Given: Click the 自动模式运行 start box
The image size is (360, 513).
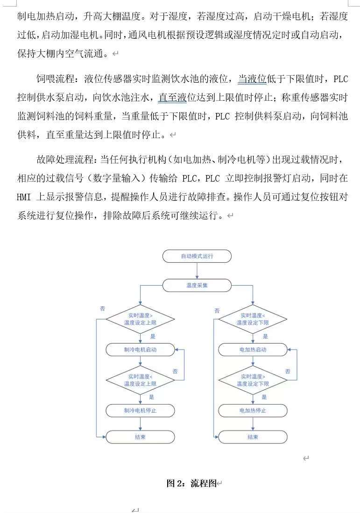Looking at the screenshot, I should [x=196, y=256].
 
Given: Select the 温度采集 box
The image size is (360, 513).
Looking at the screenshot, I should [x=196, y=285].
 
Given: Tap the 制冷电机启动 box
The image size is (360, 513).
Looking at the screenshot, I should [x=140, y=350].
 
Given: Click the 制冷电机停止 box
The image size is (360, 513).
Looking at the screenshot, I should [x=140, y=410].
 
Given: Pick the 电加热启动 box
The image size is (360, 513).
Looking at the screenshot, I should [x=253, y=350].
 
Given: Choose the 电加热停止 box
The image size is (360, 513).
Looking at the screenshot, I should [x=253, y=410].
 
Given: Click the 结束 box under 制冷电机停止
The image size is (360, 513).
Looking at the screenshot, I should [x=140, y=437].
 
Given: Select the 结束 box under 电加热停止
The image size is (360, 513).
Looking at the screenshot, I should [x=253, y=437].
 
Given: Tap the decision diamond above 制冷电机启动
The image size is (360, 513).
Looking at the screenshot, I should [x=140, y=319].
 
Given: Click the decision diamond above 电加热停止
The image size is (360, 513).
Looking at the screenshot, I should [x=253, y=380].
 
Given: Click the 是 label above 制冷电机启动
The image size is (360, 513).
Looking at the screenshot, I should [x=153, y=336].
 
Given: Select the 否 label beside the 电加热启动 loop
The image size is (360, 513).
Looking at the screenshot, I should [x=288, y=371].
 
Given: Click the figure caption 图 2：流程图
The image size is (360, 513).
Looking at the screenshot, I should [x=191, y=484].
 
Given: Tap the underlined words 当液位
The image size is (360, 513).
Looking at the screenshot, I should [x=252, y=79].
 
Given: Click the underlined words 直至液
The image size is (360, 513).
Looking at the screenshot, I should [x=172, y=98].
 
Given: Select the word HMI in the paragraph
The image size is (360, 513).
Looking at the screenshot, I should [x=24, y=197].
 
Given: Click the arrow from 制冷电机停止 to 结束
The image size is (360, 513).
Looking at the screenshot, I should [x=140, y=424].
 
